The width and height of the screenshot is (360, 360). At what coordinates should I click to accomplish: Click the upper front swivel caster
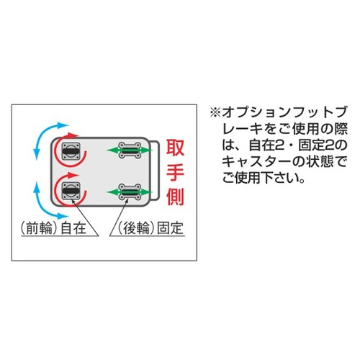tap(71, 151)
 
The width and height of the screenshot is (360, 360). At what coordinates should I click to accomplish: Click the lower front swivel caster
tap(71, 191)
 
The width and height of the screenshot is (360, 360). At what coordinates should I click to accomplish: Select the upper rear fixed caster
tap(130, 150)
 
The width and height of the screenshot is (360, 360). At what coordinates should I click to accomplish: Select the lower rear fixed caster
tap(130, 192)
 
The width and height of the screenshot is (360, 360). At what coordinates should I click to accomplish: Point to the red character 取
tap(175, 148)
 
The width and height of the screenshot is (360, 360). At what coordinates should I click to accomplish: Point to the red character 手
tap(175, 172)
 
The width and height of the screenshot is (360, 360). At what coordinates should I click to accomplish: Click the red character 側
tap(175, 197)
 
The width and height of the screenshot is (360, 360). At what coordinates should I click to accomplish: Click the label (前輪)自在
tap(53, 228)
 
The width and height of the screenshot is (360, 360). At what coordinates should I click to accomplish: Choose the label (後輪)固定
tap(150, 228)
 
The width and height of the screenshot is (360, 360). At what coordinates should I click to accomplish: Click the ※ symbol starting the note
tap(215, 113)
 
